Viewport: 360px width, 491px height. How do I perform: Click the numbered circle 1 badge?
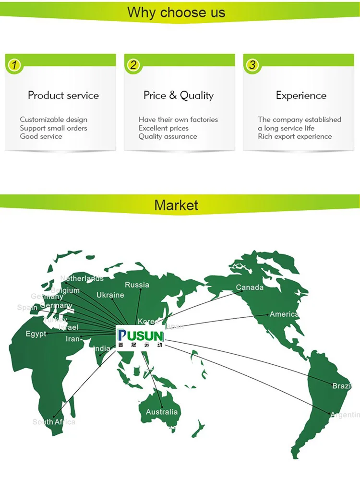click(x=14, y=65)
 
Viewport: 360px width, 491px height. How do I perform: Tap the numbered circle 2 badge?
click(x=133, y=65)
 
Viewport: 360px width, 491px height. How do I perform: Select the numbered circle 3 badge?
click(x=252, y=65)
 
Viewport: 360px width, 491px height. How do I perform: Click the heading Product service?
click(x=63, y=95)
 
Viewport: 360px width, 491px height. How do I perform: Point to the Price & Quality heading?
click(x=179, y=95)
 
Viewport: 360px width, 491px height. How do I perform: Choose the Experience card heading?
click(x=301, y=95)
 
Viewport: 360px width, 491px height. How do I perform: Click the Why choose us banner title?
click(x=176, y=12)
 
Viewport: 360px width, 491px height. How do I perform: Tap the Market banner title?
click(x=176, y=205)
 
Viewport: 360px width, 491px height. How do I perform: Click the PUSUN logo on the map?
click(x=141, y=339)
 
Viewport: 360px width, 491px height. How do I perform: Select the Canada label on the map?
click(x=250, y=287)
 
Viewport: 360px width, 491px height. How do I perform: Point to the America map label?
click(x=284, y=314)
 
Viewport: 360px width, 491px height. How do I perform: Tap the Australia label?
click(x=162, y=412)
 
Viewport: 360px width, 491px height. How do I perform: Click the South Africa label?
click(x=54, y=422)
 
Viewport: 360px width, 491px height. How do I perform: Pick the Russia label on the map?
click(x=137, y=285)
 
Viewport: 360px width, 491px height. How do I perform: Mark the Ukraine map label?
click(x=110, y=295)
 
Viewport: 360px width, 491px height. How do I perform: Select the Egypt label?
click(x=36, y=334)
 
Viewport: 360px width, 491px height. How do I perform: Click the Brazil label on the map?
click(x=342, y=386)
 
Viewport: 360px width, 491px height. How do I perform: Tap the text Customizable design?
click(x=54, y=120)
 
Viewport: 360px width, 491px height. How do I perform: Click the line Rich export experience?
click(x=295, y=136)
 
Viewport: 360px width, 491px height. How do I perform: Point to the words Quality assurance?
click(x=168, y=136)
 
